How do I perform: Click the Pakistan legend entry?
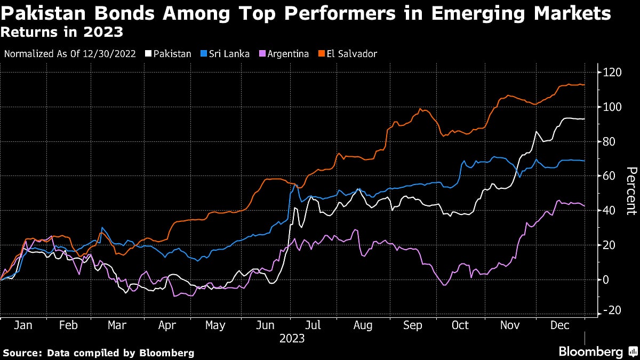(x=169, y=54)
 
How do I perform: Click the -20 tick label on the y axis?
(x=611, y=314)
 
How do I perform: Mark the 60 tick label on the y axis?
(x=609, y=176)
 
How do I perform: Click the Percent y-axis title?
(x=631, y=191)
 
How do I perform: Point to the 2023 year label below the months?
(x=292, y=339)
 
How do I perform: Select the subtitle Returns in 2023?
(x=62, y=33)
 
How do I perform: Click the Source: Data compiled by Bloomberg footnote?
(x=99, y=353)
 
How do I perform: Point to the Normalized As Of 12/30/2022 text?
(x=69, y=54)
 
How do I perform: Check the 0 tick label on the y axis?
(x=605, y=279)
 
